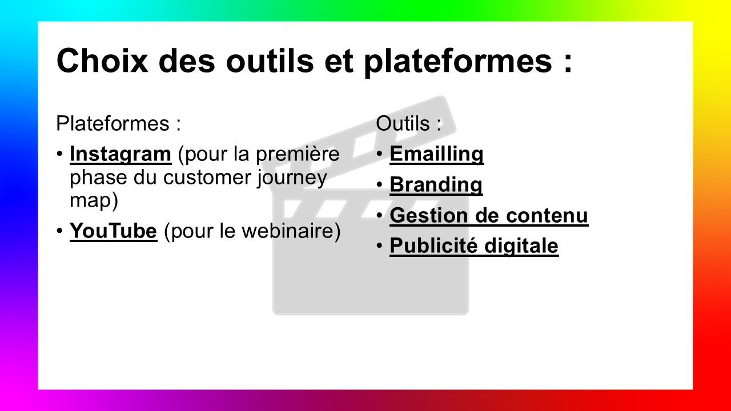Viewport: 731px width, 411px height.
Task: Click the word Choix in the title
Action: [102, 61]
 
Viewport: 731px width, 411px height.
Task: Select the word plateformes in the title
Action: [458, 62]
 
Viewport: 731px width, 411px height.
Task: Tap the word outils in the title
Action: [270, 61]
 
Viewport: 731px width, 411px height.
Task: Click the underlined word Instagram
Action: [121, 154]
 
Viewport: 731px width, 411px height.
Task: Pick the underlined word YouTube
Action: [113, 231]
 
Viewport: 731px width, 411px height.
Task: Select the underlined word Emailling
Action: [437, 154]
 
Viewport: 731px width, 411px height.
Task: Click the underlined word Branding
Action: [436, 184]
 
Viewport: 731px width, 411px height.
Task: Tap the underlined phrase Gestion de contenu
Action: [489, 215]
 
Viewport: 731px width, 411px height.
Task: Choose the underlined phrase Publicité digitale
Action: [474, 245]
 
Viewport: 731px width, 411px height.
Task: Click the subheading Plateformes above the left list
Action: [113, 123]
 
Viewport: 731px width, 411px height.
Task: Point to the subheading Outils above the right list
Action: [403, 123]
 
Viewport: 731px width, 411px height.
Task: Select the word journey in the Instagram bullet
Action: [292, 179]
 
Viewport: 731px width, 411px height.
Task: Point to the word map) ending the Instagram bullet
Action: [94, 200]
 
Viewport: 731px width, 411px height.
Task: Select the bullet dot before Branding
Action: [379, 184]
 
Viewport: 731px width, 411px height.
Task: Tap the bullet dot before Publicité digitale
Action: [379, 245]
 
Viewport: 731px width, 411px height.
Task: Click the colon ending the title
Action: [568, 63]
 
